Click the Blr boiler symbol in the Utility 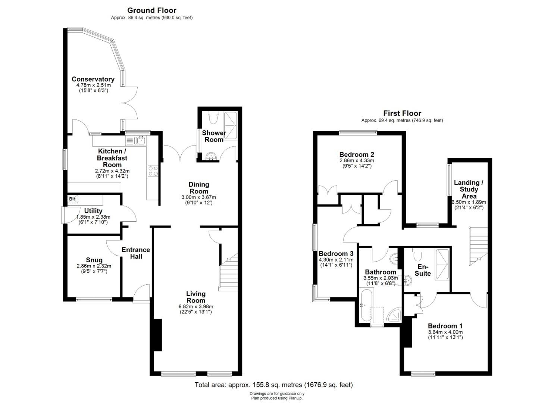pyautogui.click(x=73, y=199)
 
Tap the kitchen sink pyautogui.click(x=140, y=141)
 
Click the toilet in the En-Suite pyautogui.click(x=417, y=255)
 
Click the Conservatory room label pyautogui.click(x=93, y=79)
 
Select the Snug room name pyautogui.click(x=94, y=260)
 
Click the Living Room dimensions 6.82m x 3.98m pyautogui.click(x=195, y=306)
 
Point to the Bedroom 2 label pyautogui.click(x=357, y=154)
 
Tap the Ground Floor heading pyautogui.click(x=151, y=10)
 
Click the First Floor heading pyautogui.click(x=402, y=113)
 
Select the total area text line pyautogui.click(x=273, y=385)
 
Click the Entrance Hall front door pyautogui.click(x=142, y=294)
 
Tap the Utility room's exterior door pyautogui.click(x=71, y=215)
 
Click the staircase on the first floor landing pyautogui.click(x=478, y=246)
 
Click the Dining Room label pyautogui.click(x=198, y=188)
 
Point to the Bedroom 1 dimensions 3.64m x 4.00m pyautogui.click(x=445, y=332)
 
